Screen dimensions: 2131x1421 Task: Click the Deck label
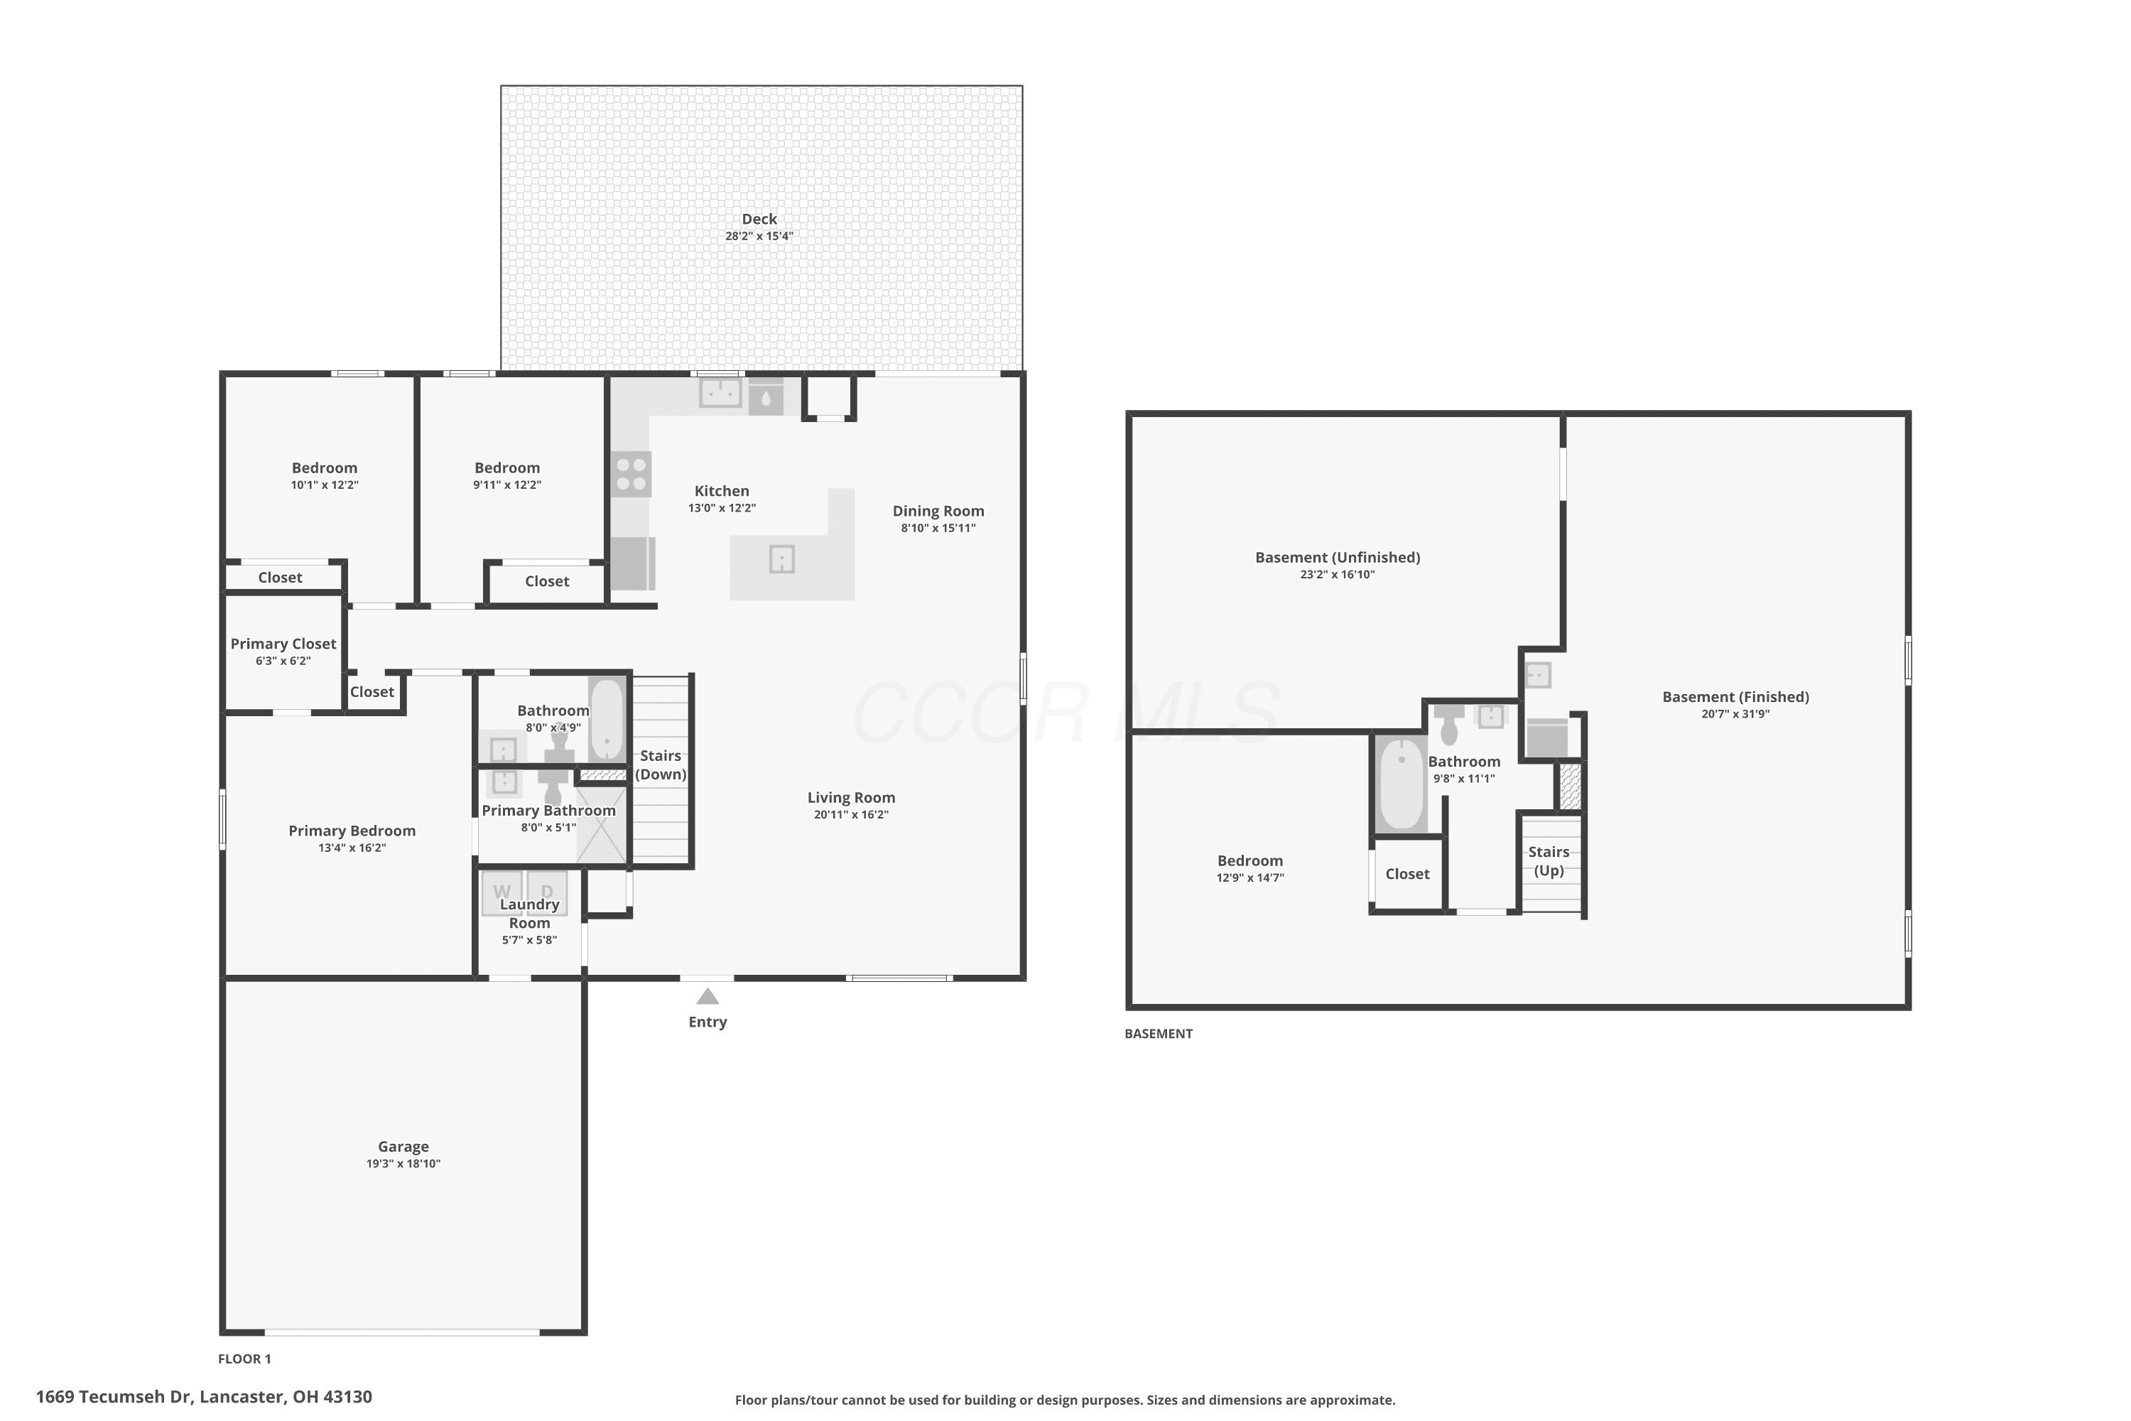point(759,218)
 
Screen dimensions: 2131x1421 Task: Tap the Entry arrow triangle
point(707,997)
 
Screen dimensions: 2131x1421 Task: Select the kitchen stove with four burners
point(631,474)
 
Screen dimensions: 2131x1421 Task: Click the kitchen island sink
point(782,558)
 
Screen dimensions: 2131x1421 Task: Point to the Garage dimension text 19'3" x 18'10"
point(403,1164)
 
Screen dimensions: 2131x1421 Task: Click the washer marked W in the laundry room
point(502,892)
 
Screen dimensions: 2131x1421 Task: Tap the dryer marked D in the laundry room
point(547,892)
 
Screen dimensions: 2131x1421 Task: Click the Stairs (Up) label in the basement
point(1549,861)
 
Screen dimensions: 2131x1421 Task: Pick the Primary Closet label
point(283,644)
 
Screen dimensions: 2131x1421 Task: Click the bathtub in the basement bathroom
point(1401,784)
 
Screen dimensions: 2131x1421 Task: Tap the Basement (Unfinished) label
point(1338,557)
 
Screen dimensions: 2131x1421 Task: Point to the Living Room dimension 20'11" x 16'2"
point(851,815)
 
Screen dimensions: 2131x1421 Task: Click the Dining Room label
point(938,511)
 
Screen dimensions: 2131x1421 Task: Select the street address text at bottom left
point(204,1397)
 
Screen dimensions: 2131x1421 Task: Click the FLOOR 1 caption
point(244,1358)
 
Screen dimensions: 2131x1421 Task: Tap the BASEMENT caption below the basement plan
point(1158,1033)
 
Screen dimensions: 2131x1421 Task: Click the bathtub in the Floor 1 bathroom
point(607,720)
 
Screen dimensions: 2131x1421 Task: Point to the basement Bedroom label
point(1249,861)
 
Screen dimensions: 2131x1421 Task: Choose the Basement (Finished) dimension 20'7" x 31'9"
point(1735,714)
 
